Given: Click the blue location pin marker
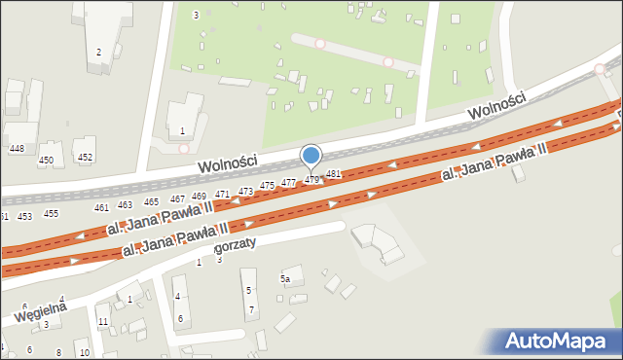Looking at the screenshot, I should [x=311, y=156].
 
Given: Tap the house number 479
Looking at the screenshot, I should [x=311, y=180].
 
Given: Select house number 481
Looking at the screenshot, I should [x=333, y=174].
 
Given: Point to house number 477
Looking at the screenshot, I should [x=288, y=183].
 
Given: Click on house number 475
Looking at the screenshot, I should [x=267, y=186].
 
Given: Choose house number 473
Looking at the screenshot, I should [x=245, y=191].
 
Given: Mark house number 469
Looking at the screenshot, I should [x=199, y=197].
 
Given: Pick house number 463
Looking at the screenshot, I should [x=125, y=205].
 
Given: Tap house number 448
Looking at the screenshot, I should [x=16, y=148].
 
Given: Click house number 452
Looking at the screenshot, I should [x=85, y=157].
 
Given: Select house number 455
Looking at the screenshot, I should [x=51, y=214].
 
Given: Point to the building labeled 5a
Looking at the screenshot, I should [x=285, y=279].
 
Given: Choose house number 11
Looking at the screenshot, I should [x=102, y=322].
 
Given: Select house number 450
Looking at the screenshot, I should [x=46, y=160].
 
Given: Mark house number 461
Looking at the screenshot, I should [x=101, y=208].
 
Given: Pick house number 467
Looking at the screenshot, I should [x=177, y=199].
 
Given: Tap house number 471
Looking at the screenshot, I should [x=222, y=195].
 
